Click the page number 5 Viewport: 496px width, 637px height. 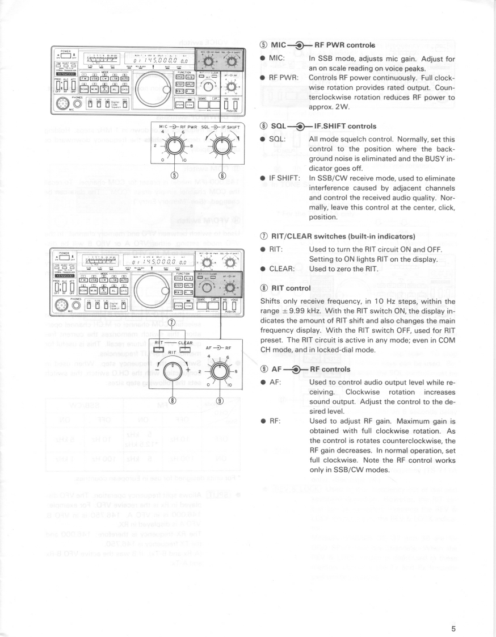453,613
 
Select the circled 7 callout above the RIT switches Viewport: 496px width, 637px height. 171,324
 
